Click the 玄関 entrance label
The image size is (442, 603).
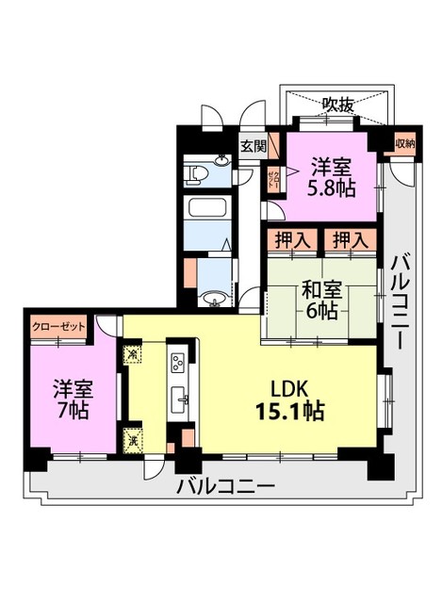(252, 146)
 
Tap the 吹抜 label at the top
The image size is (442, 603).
(337, 106)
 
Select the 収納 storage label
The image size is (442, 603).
(404, 144)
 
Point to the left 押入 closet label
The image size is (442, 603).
(291, 241)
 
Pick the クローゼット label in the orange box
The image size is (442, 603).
(58, 326)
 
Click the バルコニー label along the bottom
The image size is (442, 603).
(225, 487)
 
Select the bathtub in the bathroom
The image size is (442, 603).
(205, 208)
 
